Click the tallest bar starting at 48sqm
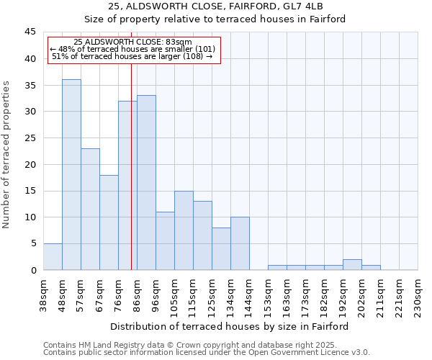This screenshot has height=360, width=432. point(71,175)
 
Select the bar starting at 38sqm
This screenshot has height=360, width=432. point(53,257)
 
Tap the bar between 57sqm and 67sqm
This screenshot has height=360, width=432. point(90,210)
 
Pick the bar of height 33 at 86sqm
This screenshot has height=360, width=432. point(146,183)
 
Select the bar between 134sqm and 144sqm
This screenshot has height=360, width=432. point(240,243)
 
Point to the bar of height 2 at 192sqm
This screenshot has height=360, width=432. point(352,265)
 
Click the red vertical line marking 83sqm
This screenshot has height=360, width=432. point(131,180)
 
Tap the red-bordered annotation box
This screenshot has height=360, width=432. point(133,50)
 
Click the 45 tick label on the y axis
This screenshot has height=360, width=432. point(30,32)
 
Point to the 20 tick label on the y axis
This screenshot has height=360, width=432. point(30,164)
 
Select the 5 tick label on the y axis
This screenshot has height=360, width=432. point(33,243)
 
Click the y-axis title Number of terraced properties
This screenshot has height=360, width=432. point(7,155)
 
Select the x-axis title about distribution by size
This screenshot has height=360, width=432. point(230,326)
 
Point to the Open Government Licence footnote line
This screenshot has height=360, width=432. point(207,353)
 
